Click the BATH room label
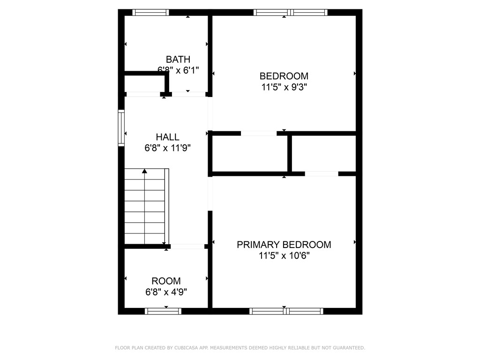pos(178,60)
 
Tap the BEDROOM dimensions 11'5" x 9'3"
pos(284,87)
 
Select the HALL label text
pos(167,137)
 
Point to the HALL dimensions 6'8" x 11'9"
pos(167,148)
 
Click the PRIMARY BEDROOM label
pos(284,244)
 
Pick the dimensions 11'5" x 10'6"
pos(284,255)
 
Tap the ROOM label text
pos(166,281)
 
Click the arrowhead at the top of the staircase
pos(144,172)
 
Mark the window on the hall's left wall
pos(121,127)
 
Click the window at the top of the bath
pos(151,13)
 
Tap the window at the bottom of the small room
pos(163,311)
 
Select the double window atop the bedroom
pos(291,13)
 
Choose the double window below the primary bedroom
pos(286,311)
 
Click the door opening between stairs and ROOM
pos(187,246)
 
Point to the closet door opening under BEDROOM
pos(259,134)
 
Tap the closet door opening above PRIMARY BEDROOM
pos(322,174)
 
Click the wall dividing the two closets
pos(290,154)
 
